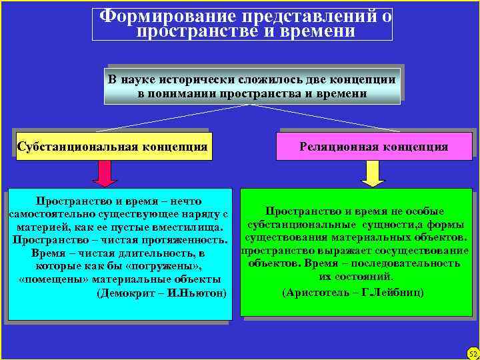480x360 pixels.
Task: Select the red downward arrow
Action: (105, 173)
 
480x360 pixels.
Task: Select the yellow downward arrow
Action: (373, 173)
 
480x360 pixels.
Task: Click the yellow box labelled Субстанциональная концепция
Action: (112, 146)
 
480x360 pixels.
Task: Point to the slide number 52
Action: (473, 353)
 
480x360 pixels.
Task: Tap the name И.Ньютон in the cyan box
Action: (199, 293)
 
